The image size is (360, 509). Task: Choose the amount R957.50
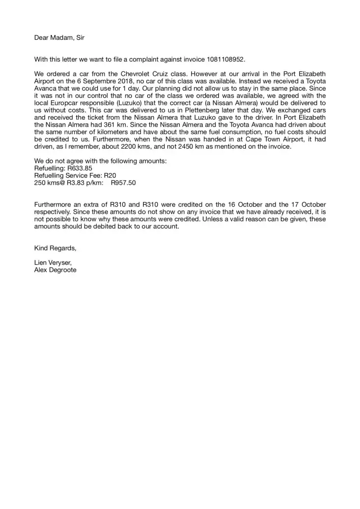(123, 182)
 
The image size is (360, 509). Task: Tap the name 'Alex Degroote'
(55, 270)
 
